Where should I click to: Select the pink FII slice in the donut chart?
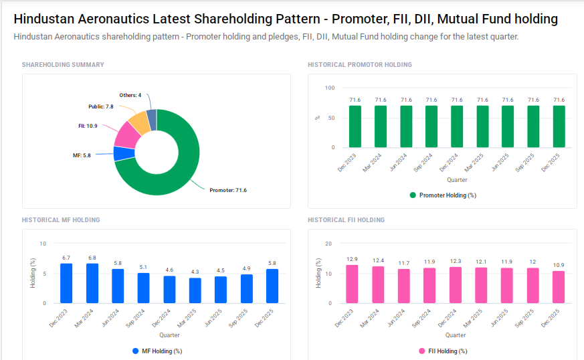126,135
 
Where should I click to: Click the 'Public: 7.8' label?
100,106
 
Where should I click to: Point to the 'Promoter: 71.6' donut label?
228,191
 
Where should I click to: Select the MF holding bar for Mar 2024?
92,283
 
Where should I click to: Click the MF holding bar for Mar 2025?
195,290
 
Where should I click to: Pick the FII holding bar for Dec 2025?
559,286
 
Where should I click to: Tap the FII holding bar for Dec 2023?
352,284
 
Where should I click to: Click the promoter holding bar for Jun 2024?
406,126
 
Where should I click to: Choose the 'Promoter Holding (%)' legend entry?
442,195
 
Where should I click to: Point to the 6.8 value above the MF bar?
92,258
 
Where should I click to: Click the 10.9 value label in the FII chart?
559,265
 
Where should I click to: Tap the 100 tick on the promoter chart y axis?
330,88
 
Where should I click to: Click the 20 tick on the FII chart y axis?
328,244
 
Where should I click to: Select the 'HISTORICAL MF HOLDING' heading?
61,219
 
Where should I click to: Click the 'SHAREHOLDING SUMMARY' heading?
63,65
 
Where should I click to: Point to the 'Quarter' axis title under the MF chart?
169,335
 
